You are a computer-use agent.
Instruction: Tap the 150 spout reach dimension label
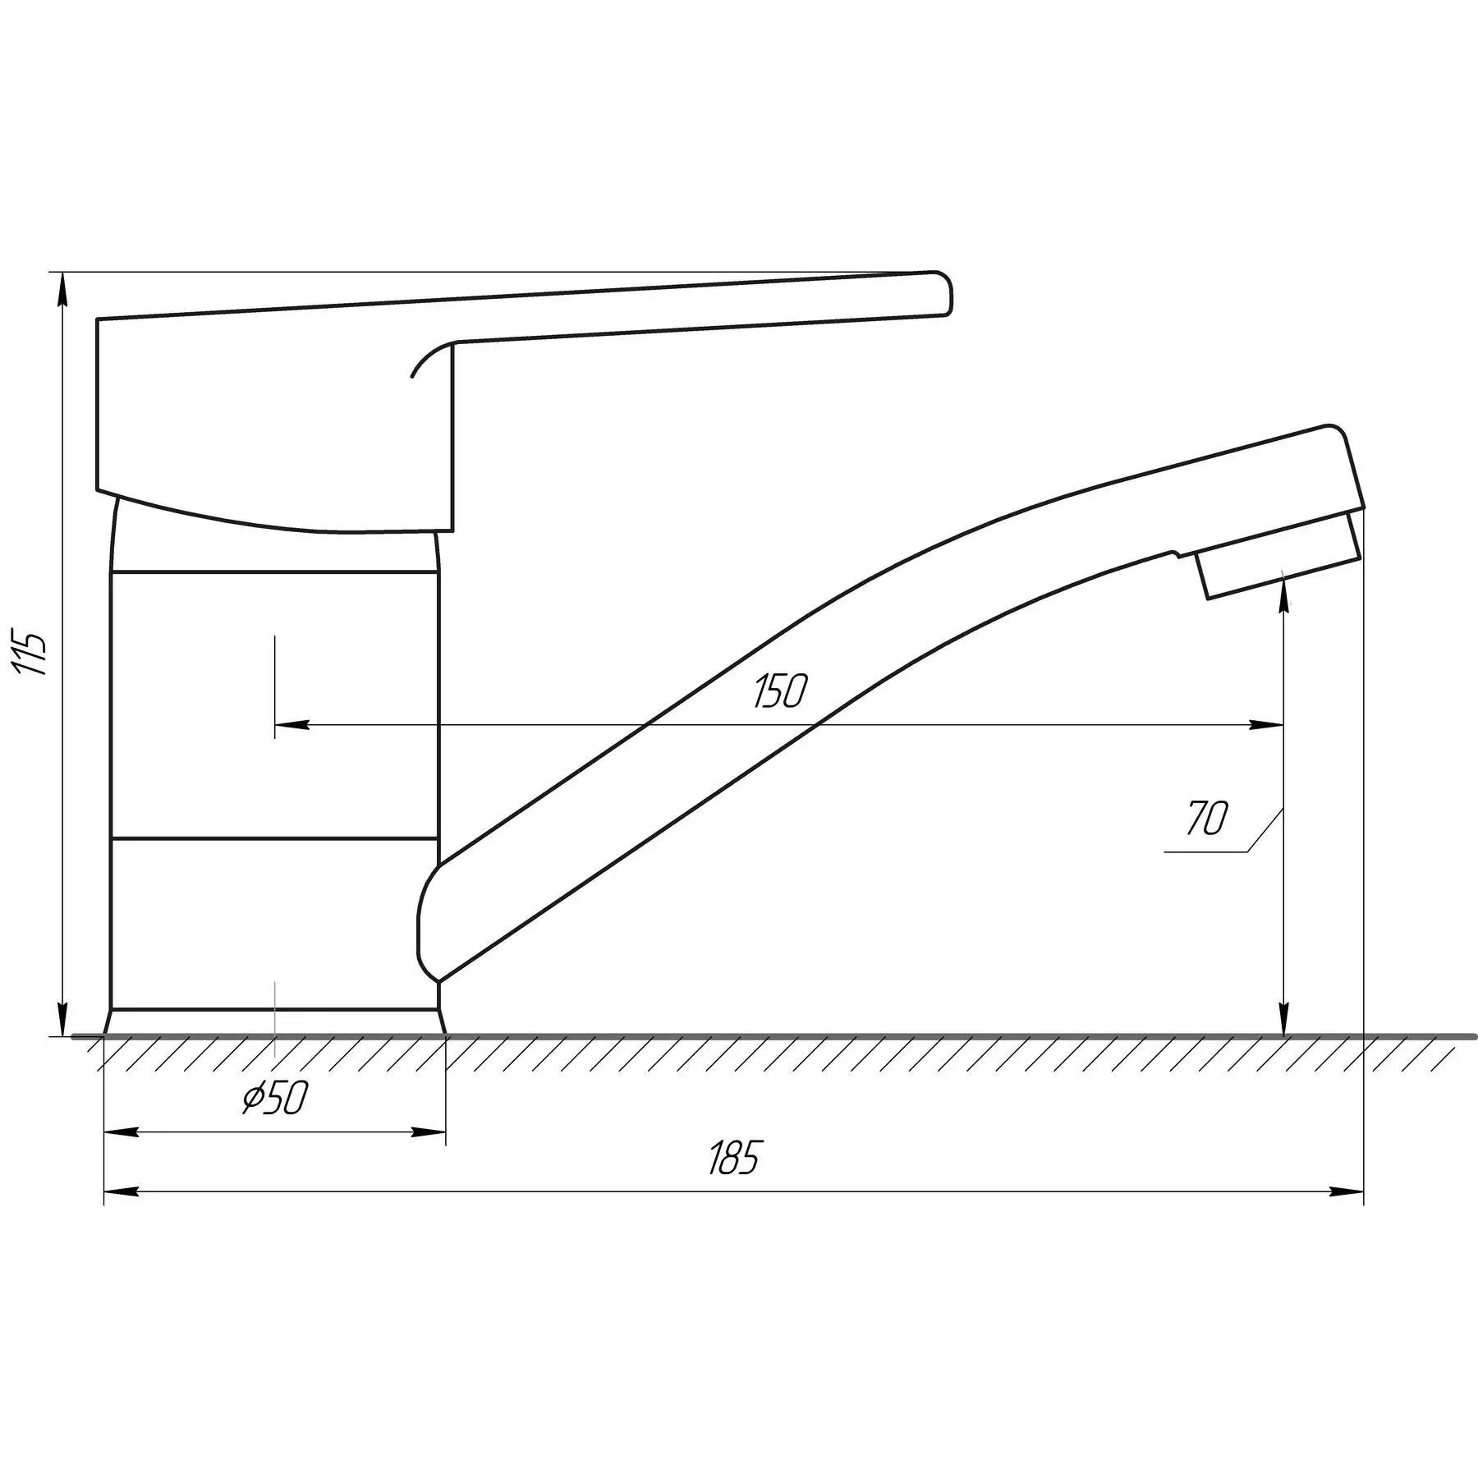780,691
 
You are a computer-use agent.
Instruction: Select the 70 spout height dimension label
1207,818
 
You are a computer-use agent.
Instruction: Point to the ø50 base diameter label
275,1098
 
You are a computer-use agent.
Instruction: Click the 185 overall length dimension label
735,1157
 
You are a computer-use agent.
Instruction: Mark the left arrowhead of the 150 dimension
292,725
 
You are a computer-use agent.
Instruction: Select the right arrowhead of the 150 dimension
1265,725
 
